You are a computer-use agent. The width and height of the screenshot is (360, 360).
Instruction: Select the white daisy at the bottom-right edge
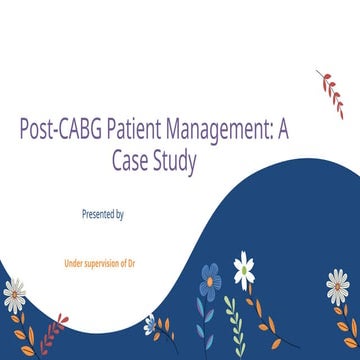(x=340, y=288)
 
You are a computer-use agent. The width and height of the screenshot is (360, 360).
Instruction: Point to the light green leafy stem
(x=232, y=318)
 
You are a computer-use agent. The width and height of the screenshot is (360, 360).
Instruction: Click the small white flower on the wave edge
(x=150, y=323)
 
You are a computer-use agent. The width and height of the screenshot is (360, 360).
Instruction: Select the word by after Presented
(x=120, y=213)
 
